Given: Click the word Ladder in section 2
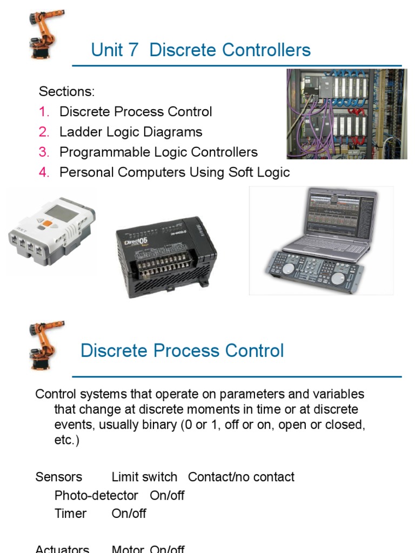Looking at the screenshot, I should (81, 132).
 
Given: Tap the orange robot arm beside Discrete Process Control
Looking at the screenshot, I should (45, 345).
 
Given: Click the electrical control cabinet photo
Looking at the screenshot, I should (346, 113).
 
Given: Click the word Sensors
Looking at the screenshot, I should (59, 477).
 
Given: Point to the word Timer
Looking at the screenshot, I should (70, 513).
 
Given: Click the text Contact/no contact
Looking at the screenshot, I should (241, 477).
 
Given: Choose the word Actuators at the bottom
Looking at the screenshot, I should (62, 549).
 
